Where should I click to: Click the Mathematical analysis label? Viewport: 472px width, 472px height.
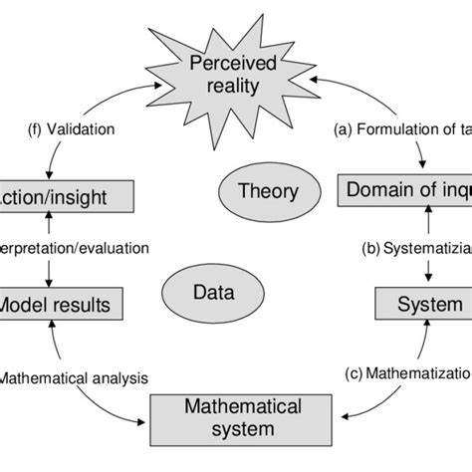pyautogui.click(x=72, y=377)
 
